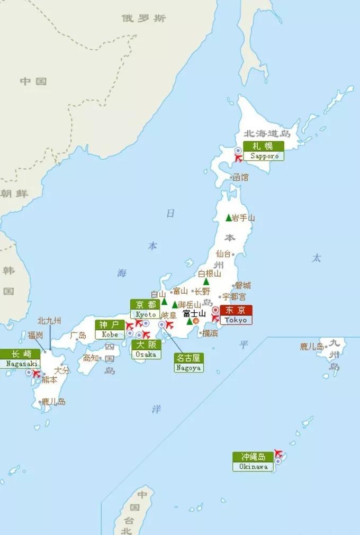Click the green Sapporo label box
coord(264,151)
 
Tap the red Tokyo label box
coord(236,315)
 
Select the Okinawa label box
coord(253,461)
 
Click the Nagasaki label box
coord(20,358)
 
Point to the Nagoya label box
coord(189,362)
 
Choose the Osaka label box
coord(146,349)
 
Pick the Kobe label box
coord(110,329)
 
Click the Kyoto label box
coord(145,309)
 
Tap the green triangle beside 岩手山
coord(229,217)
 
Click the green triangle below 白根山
coord(206,282)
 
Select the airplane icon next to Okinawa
coord(278,454)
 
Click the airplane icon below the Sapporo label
coord(238,158)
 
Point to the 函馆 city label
coord(240,177)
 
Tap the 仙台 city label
coord(223,254)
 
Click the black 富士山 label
coord(194,314)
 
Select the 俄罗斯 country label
coord(144,19)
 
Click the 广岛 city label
coord(78,335)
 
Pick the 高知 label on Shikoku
coord(91,358)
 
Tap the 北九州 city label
coord(49,321)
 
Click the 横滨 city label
coord(210,333)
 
